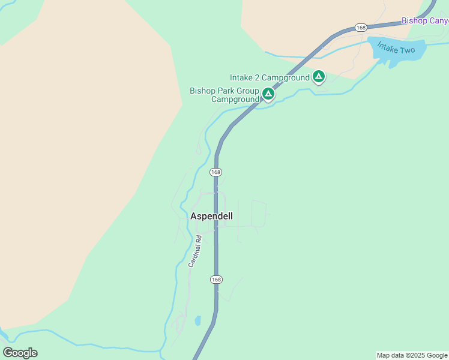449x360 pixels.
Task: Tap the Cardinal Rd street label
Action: pyautogui.click(x=195, y=251)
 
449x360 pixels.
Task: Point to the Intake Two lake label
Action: pyautogui.click(x=396, y=48)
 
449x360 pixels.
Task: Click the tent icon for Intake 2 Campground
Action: pyautogui.click(x=319, y=77)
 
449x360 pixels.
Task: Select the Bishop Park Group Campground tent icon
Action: pyautogui.click(x=268, y=94)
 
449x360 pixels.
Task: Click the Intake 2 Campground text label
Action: pyautogui.click(x=270, y=77)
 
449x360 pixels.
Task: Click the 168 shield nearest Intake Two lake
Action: pyautogui.click(x=361, y=28)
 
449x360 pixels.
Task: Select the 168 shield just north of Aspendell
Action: pyautogui.click(x=216, y=172)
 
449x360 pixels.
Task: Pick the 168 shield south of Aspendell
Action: pyautogui.click(x=216, y=280)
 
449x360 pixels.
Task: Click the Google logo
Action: pyautogui.click(x=20, y=353)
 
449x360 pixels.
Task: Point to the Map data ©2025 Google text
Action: pyautogui.click(x=412, y=355)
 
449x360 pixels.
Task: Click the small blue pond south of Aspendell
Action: pyautogui.click(x=197, y=320)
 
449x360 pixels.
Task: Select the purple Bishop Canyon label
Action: pyautogui.click(x=425, y=20)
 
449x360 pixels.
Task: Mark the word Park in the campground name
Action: pyautogui.click(x=224, y=91)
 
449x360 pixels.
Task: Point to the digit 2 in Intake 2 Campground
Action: pyautogui.click(x=256, y=77)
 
